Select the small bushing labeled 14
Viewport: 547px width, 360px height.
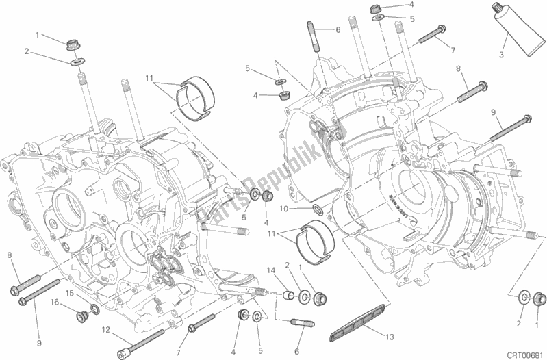click(x=289, y=295)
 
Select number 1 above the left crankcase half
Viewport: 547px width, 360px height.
click(x=39, y=34)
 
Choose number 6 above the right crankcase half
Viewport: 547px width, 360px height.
click(x=338, y=29)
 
